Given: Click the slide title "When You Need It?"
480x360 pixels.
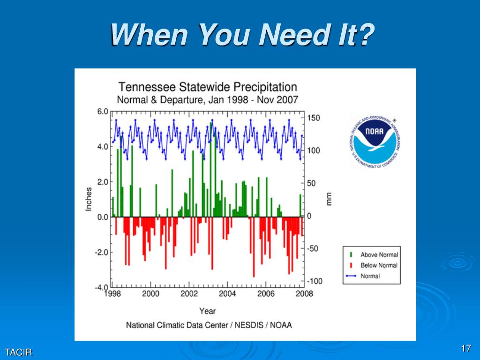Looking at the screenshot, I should tap(242, 35).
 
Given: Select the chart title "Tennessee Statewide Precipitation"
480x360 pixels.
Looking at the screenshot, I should tap(207, 87).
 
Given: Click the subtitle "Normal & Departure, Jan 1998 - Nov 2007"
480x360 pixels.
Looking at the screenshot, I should tap(207, 100).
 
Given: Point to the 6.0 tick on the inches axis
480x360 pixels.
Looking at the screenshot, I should tap(102, 112).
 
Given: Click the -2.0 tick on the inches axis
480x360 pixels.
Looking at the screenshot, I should tap(101, 252).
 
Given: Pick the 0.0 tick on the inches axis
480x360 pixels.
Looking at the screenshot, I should tap(102, 217).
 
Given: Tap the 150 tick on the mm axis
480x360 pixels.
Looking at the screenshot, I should tap(314, 118).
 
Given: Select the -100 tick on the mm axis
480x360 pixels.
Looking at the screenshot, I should tap(315, 281).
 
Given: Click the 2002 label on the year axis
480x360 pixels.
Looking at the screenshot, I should tap(188, 294).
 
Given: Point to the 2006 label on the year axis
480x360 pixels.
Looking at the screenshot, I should tap(265, 294).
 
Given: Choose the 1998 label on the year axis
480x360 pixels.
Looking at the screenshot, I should tap(112, 294).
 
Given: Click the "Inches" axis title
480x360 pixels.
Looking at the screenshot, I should tap(89, 199).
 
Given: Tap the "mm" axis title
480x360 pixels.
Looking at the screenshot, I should tap(329, 199).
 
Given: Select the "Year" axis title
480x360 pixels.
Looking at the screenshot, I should tap(207, 311).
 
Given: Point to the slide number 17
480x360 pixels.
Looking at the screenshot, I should tap(465, 349).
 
